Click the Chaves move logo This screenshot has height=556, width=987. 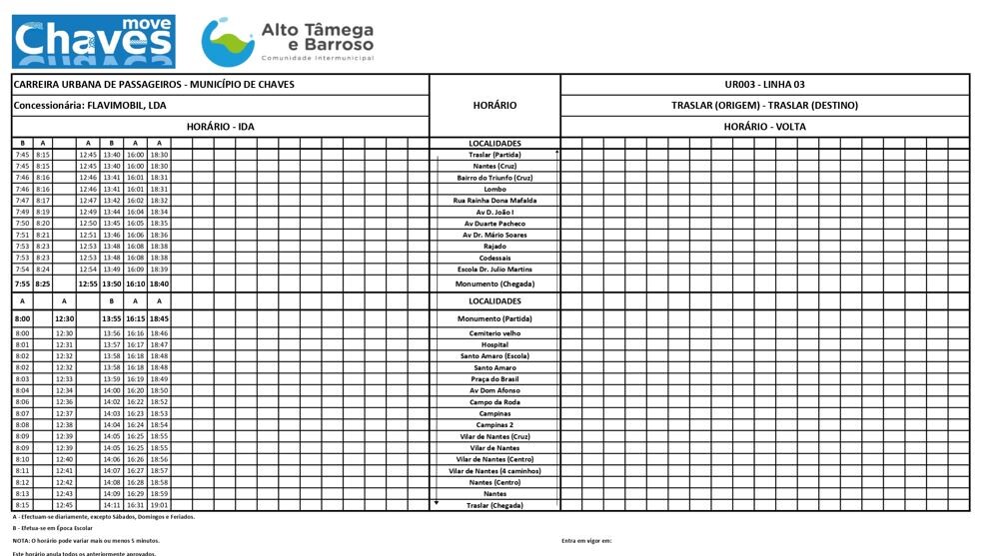[x=93, y=40]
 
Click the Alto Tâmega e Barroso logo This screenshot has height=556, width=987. [x=288, y=40]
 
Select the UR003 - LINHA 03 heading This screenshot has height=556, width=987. [x=764, y=85]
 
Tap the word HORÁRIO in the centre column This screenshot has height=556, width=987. [x=494, y=105]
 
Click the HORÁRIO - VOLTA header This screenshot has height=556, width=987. [x=764, y=127]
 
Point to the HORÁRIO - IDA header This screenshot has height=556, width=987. [x=220, y=127]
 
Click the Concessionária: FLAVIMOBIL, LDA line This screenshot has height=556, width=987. [x=90, y=105]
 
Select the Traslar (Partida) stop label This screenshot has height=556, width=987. [x=494, y=155]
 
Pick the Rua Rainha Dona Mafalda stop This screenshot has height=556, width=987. [x=494, y=201]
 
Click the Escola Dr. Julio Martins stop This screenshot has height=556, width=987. [x=494, y=270]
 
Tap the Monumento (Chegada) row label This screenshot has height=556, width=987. [x=494, y=284]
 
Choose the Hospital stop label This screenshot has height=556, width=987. [x=494, y=344]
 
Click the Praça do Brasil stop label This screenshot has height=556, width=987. [x=494, y=379]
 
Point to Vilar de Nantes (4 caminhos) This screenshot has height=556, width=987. [x=494, y=471]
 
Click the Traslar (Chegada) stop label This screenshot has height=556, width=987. [x=494, y=506]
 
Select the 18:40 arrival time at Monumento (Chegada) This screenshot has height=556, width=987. [x=158, y=284]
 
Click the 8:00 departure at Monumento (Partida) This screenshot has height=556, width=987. [x=22, y=318]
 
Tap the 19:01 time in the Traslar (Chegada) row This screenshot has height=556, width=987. [x=158, y=506]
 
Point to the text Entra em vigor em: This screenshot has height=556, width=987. [x=586, y=540]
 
